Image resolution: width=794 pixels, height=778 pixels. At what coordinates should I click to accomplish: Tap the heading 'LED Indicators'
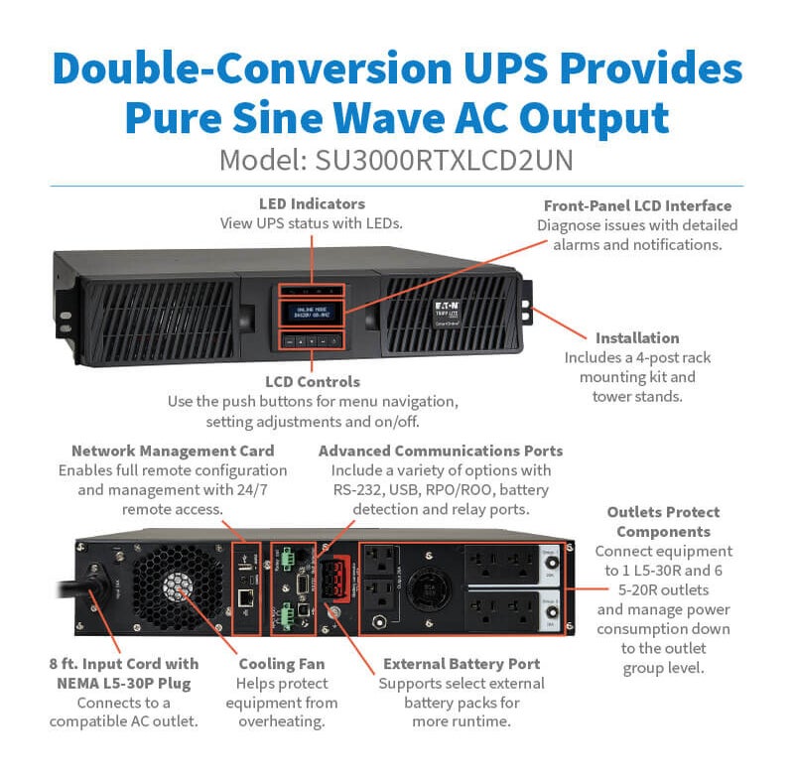[312, 204]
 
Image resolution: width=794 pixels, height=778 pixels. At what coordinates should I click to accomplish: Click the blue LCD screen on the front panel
[312, 313]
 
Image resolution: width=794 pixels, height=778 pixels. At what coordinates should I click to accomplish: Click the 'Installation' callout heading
[637, 337]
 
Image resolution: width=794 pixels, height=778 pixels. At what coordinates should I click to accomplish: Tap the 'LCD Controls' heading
[312, 381]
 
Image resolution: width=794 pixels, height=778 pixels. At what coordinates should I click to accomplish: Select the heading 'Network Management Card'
[173, 451]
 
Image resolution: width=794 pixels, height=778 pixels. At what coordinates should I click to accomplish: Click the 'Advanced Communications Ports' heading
[441, 451]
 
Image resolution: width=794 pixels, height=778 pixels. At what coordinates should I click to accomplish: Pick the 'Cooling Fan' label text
[282, 663]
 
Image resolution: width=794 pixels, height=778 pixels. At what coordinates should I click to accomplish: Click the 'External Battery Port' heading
[462, 663]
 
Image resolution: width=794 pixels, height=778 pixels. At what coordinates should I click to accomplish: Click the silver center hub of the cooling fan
[179, 584]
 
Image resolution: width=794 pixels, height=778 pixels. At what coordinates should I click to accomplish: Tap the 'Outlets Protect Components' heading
[664, 521]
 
